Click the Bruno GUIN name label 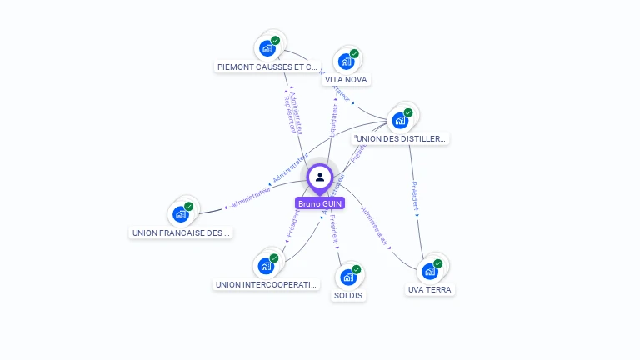320,203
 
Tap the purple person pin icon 320,177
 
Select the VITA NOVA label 346,80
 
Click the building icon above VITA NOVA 346,61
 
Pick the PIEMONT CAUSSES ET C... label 267,67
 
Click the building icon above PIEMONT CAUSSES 267,47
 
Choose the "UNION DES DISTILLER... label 400,138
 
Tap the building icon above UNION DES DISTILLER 400,120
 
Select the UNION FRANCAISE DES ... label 181,233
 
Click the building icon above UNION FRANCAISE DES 181,214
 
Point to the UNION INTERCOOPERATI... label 267,285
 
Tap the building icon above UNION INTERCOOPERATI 266,266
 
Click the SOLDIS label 348,296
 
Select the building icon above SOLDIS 348,277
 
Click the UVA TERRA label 430,290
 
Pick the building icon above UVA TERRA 430,271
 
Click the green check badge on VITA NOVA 354,53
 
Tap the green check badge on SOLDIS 357,269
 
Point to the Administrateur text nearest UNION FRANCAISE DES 251,197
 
